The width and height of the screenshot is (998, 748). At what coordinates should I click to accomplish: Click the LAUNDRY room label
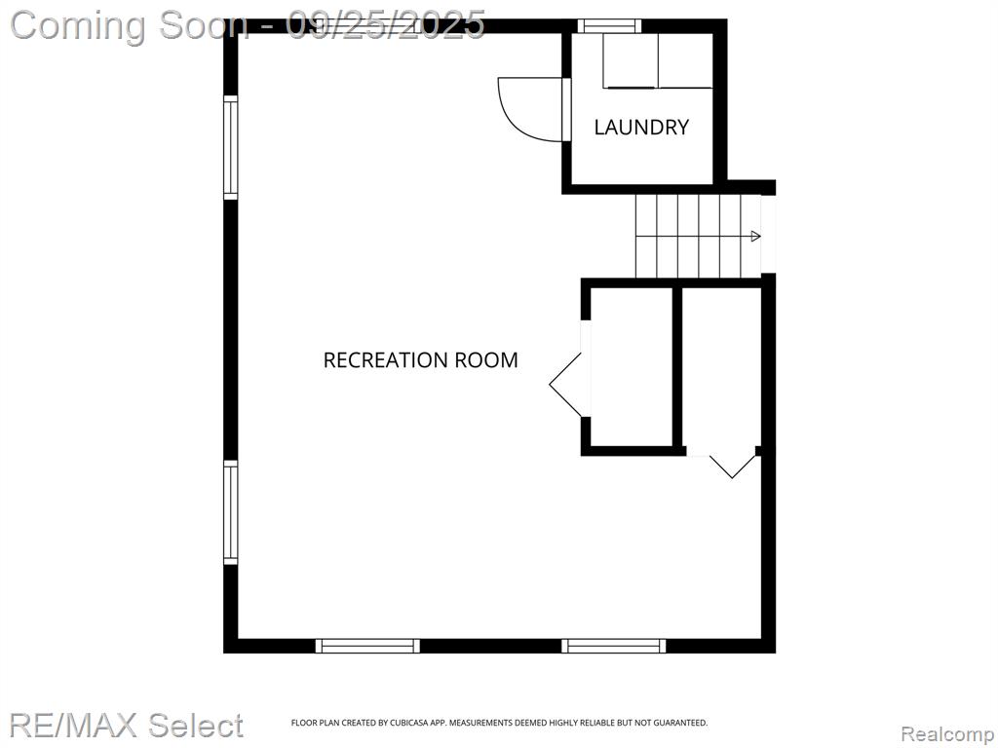(641, 128)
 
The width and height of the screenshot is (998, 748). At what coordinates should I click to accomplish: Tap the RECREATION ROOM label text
(421, 360)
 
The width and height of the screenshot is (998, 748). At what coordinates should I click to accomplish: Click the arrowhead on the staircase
(755, 237)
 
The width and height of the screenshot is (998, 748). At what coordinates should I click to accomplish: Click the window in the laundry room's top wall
(609, 25)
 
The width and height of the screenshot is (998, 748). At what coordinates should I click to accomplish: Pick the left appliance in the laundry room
(631, 61)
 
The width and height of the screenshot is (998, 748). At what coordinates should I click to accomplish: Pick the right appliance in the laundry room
(685, 61)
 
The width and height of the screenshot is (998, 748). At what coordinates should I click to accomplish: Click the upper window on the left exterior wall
(230, 148)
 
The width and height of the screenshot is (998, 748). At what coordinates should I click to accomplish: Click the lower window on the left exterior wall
(230, 512)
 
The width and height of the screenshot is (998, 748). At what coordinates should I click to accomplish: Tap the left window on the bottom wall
(367, 646)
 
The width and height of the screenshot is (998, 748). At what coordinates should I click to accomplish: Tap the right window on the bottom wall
(614, 646)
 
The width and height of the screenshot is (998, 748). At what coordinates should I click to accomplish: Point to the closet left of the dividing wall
(632, 367)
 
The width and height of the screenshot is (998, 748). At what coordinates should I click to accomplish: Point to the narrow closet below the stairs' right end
(722, 367)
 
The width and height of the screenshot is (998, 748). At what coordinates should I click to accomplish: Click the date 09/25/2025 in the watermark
(386, 25)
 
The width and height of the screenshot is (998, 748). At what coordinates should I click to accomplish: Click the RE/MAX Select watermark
(126, 725)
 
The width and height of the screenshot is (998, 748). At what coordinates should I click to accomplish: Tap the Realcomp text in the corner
(947, 734)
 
